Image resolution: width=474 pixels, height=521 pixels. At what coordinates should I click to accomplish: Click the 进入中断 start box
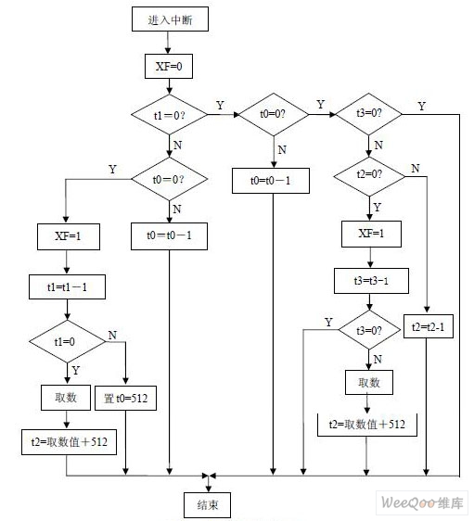(x=170, y=19)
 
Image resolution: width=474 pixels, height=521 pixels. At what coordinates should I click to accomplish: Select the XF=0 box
(x=169, y=67)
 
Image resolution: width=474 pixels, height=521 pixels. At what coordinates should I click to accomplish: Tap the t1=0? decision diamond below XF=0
(x=169, y=115)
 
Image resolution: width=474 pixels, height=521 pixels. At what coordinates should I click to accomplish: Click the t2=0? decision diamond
(x=369, y=176)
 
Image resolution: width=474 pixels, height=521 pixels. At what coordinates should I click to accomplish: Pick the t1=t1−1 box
(x=67, y=286)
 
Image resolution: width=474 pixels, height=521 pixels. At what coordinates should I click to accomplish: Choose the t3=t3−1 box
(x=371, y=281)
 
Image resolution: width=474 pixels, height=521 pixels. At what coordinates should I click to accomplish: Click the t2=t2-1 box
(x=429, y=326)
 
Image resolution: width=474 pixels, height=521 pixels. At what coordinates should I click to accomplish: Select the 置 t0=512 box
(x=125, y=398)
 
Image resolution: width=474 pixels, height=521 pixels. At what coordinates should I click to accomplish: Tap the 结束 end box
(x=207, y=505)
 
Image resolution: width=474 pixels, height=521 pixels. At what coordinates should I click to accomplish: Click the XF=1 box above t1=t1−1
(x=69, y=236)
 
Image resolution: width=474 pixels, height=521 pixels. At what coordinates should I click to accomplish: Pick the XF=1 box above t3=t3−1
(x=371, y=234)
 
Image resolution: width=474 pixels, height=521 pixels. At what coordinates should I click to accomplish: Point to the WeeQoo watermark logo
(x=422, y=502)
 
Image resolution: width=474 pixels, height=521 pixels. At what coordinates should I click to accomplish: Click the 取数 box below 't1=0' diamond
(x=66, y=398)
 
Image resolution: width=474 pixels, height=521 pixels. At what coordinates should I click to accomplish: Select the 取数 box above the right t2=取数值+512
(x=369, y=383)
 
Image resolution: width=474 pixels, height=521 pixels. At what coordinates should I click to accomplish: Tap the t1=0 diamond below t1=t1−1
(x=67, y=341)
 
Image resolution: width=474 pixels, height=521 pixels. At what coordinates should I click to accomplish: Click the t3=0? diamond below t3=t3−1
(x=369, y=330)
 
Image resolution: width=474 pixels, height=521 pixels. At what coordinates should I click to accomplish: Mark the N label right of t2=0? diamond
(x=416, y=169)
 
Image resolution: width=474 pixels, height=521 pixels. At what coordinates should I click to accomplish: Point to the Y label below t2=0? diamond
(x=377, y=208)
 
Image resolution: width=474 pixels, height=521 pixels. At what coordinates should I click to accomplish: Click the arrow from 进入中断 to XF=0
(x=168, y=43)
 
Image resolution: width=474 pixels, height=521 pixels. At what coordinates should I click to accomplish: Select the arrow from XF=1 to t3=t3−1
(x=370, y=258)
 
